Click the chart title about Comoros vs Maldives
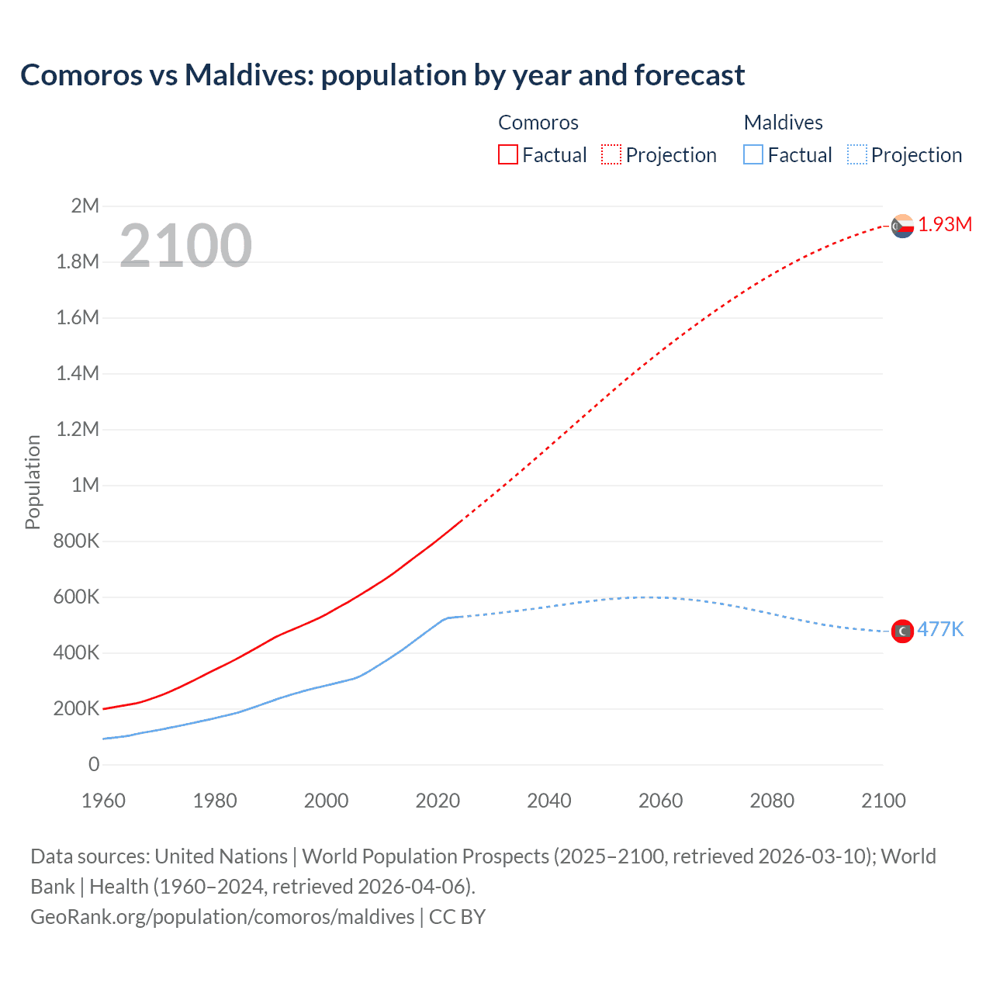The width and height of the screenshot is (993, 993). click(x=382, y=75)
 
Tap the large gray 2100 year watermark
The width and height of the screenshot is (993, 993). click(x=185, y=246)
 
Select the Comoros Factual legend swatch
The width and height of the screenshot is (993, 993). click(x=507, y=154)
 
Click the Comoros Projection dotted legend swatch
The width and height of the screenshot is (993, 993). click(x=611, y=154)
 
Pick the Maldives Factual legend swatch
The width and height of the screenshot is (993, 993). click(x=753, y=154)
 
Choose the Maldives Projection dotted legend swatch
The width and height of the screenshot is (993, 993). click(x=856, y=154)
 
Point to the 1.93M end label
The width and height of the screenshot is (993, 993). click(x=945, y=225)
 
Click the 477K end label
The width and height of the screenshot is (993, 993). click(x=940, y=629)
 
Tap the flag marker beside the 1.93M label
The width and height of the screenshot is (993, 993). click(x=902, y=226)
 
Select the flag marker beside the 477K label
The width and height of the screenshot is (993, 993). click(x=902, y=631)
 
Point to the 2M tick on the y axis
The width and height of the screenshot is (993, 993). click(x=85, y=206)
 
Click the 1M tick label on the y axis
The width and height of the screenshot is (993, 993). click(x=85, y=485)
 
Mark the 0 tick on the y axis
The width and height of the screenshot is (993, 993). click(x=94, y=764)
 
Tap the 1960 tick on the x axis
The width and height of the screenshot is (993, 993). click(x=103, y=801)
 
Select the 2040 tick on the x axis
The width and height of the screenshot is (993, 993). click(x=549, y=801)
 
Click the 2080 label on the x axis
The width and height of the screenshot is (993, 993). click(x=772, y=801)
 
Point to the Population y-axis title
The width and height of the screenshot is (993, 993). click(x=33, y=482)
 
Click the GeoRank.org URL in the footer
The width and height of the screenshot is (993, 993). click(x=223, y=917)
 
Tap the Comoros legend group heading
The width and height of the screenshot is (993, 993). click(x=538, y=123)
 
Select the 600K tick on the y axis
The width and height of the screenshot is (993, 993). click(x=76, y=597)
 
